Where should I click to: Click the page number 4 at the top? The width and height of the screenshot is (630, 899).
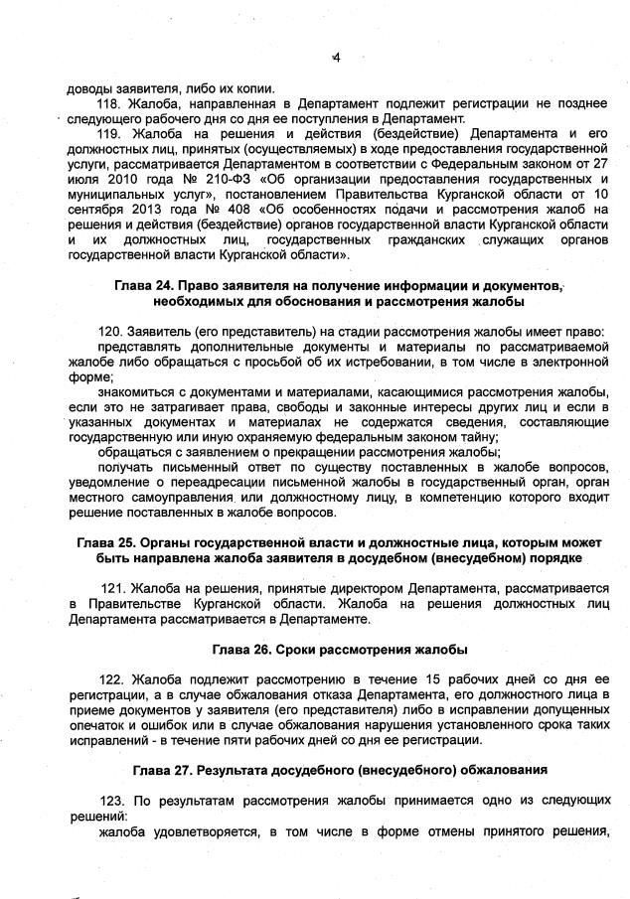(x=336, y=58)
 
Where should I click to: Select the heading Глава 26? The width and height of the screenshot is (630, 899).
(x=246, y=650)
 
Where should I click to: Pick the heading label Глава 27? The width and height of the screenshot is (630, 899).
(x=164, y=771)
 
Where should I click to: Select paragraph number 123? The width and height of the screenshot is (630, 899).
(x=113, y=801)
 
